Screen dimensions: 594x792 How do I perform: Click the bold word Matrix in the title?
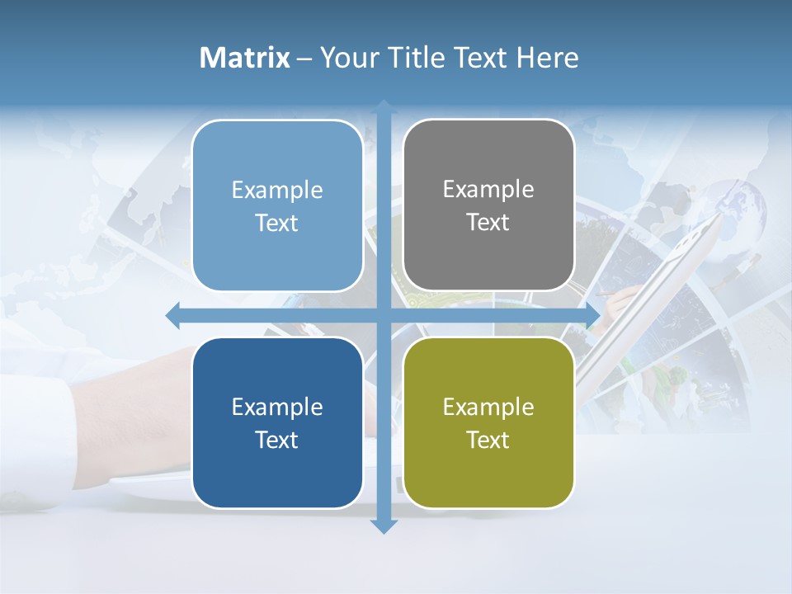click(x=245, y=58)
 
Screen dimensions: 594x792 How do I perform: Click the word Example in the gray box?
click(x=488, y=189)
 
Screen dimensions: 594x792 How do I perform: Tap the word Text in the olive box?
click(x=488, y=440)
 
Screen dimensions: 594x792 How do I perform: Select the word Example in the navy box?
click(x=277, y=407)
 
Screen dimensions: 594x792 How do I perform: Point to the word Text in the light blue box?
click(x=277, y=223)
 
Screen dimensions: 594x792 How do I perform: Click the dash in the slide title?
click(x=304, y=59)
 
